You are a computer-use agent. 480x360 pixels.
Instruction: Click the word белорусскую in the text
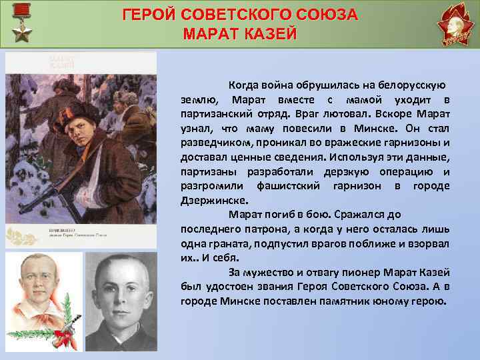click(x=407, y=86)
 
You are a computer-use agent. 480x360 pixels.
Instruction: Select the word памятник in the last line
click(x=351, y=301)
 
